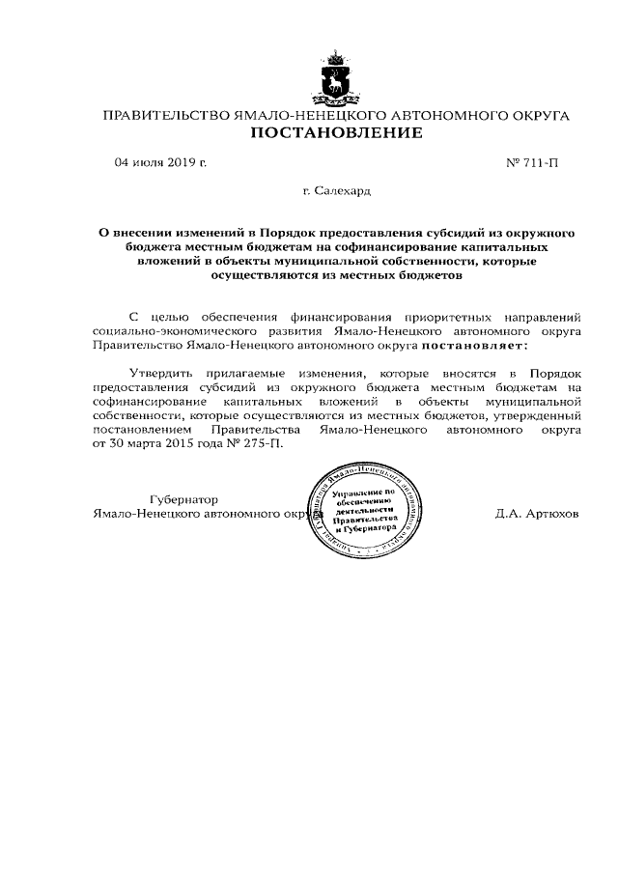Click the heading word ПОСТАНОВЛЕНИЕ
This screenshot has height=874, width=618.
(337, 133)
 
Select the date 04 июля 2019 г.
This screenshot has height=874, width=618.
(160, 162)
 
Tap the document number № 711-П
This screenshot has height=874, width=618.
(532, 162)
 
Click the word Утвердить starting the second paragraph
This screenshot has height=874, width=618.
(159, 372)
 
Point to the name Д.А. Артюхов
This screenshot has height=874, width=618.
(537, 514)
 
